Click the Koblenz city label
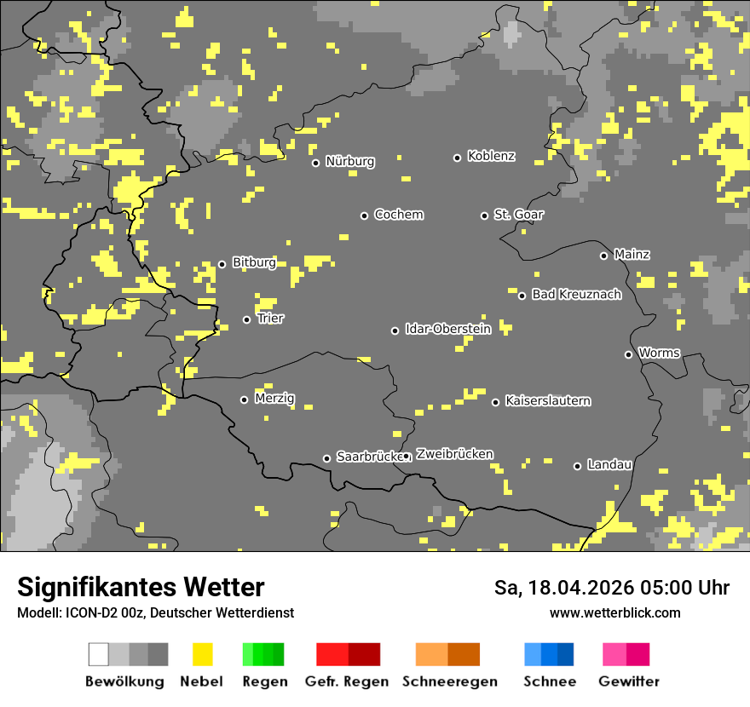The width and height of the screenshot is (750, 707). [x=491, y=156]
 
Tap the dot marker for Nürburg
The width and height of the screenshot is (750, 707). [x=315, y=163]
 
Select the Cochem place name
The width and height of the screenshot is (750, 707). [x=398, y=215]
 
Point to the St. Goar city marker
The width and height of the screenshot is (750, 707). [x=484, y=216]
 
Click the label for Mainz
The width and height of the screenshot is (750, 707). [x=632, y=254]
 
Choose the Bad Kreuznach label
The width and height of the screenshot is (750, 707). [x=576, y=295]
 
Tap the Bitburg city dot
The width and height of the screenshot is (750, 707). [x=222, y=264]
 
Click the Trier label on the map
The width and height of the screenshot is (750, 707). [x=270, y=319]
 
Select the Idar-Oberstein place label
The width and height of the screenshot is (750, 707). [x=447, y=329]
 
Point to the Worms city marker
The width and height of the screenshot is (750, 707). [x=628, y=354]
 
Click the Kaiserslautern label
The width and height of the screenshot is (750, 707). [x=547, y=400]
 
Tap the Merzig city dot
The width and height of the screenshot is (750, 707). [x=244, y=399]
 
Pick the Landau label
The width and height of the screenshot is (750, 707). [x=609, y=464]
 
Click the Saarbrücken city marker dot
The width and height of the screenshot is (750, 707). [x=326, y=458]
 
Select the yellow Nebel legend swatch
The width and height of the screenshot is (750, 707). [x=202, y=654]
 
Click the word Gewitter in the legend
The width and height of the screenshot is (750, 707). [x=628, y=681]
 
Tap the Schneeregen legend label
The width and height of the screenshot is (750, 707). [x=448, y=681]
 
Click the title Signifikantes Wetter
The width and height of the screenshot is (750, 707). [x=141, y=587]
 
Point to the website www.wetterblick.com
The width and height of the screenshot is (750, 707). [x=614, y=612]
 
